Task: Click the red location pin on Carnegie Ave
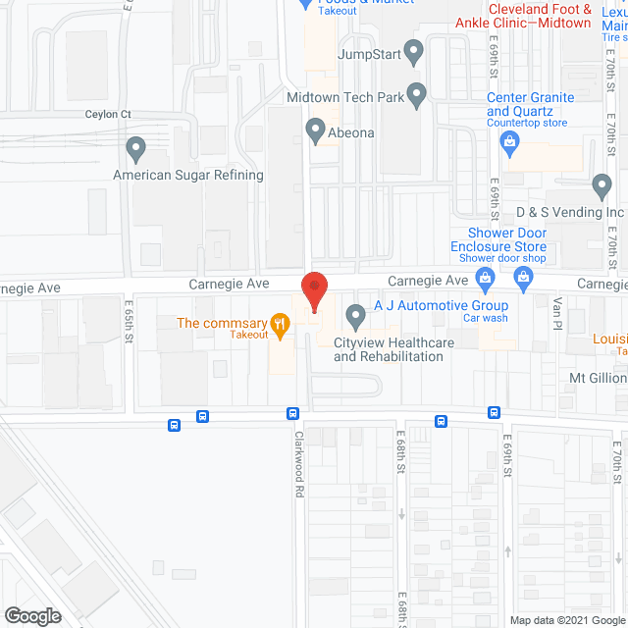(x=314, y=290)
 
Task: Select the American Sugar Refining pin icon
(x=135, y=150)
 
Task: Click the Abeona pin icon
(x=315, y=129)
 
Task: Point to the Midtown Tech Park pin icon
(x=417, y=95)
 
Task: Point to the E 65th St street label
(x=129, y=323)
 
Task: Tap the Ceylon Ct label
(x=108, y=115)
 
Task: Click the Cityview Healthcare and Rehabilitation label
(x=394, y=349)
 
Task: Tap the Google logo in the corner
(x=31, y=616)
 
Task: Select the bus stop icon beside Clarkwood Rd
(x=292, y=414)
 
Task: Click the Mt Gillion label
(x=598, y=378)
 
